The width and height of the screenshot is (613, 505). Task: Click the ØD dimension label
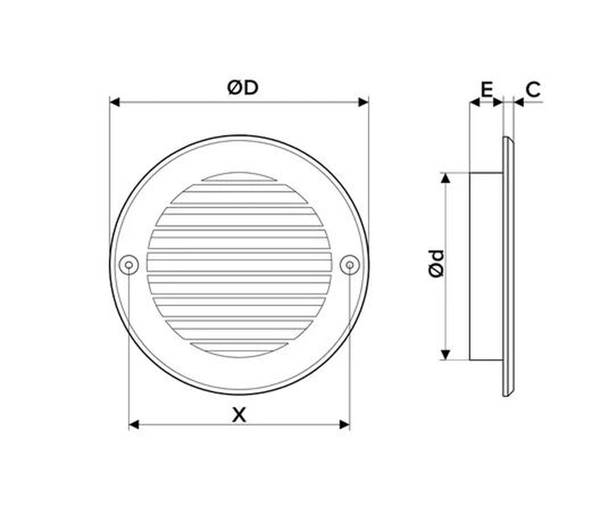243,88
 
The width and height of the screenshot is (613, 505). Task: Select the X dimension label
239,415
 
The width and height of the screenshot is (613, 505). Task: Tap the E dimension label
486,90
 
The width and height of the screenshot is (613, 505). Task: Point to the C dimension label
533,90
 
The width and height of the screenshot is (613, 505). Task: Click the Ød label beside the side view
436,264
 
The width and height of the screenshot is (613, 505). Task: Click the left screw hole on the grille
129,265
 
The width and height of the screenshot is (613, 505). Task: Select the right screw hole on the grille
350,265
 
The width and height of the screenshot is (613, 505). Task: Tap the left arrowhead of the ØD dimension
115,102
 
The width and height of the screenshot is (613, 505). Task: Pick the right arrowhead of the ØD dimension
364,102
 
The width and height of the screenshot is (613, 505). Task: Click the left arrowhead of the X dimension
134,425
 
